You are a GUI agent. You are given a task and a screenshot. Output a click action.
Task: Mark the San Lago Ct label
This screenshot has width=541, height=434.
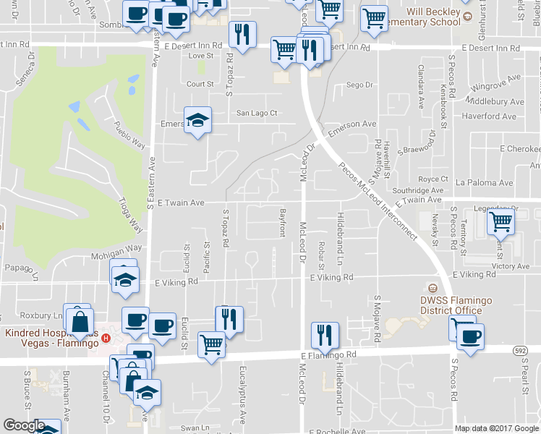257,113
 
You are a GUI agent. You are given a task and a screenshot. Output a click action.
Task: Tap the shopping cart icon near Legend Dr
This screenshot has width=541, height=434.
500,222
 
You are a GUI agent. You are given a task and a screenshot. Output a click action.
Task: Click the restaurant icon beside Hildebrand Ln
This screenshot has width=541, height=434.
324,334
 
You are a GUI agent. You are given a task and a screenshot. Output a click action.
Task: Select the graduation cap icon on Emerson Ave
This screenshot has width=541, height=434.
197,120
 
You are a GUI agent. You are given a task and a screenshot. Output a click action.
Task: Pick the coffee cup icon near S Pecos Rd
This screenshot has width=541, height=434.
471,336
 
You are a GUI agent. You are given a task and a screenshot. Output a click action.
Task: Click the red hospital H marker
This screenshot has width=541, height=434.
106,338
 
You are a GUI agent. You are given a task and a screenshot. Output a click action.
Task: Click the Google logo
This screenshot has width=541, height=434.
24,425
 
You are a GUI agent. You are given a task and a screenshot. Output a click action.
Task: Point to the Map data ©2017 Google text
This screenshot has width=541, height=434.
495,428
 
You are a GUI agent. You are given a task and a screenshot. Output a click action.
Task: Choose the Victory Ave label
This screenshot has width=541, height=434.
510,266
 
